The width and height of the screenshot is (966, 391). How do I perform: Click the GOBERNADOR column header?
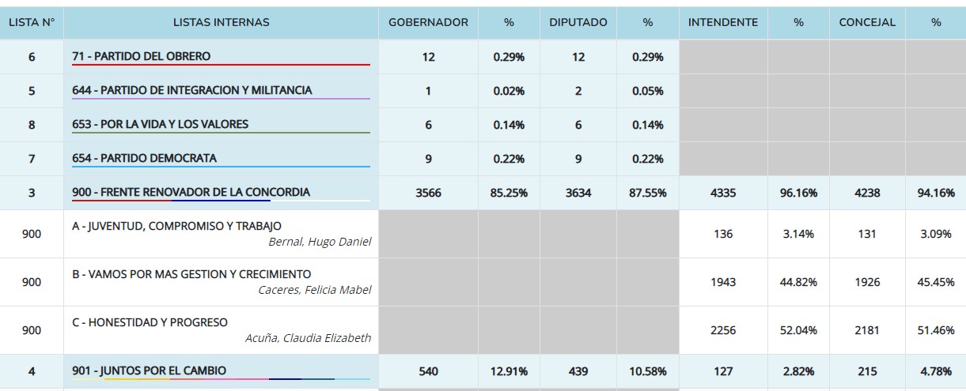(x=428, y=23)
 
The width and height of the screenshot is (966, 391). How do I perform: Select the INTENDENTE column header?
(x=722, y=23)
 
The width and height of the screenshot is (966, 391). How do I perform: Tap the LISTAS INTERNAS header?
(x=221, y=23)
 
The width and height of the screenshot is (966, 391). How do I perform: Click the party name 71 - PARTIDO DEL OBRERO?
(x=142, y=57)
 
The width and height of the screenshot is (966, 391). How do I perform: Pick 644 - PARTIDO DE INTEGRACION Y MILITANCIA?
(x=192, y=91)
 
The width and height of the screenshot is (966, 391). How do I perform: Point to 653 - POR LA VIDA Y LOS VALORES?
(x=160, y=124)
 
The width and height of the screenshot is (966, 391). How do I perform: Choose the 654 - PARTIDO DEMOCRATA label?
(x=144, y=158)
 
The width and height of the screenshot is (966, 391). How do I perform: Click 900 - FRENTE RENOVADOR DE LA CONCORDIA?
(x=191, y=192)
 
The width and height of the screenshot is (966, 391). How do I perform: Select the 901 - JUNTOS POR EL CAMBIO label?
(x=149, y=370)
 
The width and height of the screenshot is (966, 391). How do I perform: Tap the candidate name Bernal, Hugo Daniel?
(x=320, y=242)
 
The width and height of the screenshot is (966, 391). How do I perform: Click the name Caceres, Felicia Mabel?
(x=314, y=290)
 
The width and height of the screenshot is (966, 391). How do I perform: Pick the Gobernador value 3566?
(x=428, y=193)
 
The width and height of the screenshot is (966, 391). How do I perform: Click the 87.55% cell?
(x=647, y=193)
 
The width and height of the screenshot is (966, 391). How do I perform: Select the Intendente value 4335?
(x=722, y=193)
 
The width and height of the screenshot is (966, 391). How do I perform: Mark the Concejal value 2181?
(x=867, y=330)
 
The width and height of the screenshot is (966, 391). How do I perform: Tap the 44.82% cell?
(x=798, y=282)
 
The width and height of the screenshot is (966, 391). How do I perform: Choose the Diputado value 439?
(x=578, y=371)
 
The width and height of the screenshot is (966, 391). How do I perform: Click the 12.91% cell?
(x=509, y=371)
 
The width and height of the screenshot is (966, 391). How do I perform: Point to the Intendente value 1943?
(x=722, y=282)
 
